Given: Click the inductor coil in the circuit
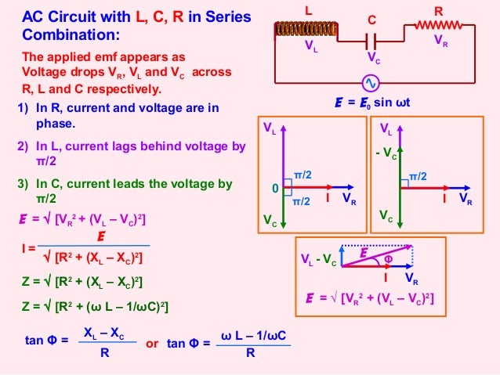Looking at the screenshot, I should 305,29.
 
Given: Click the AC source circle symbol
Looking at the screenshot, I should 370,83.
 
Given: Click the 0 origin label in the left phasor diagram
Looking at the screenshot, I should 275,189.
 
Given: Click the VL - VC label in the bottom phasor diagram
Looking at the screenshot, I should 318,260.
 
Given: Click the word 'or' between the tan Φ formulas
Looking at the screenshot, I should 153,343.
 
